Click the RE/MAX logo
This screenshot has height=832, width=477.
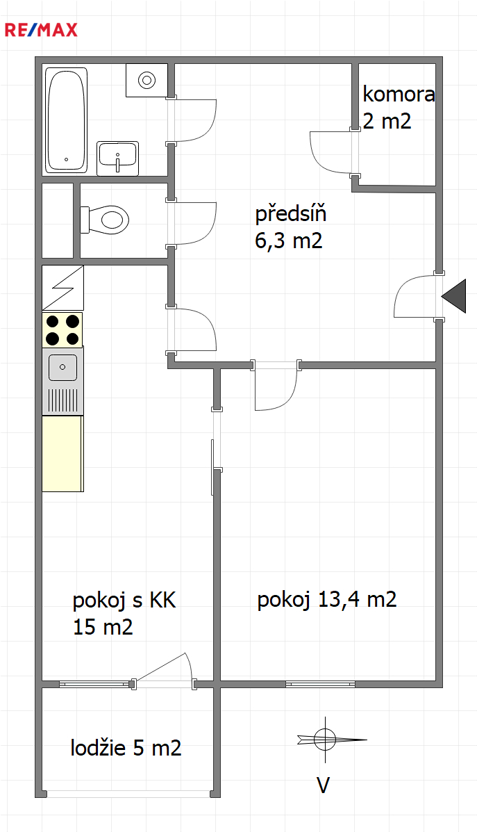41,30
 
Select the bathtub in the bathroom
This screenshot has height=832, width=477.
66,120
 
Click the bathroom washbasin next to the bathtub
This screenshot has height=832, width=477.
117,158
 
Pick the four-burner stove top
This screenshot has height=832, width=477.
62,329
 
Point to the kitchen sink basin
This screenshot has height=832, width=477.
62,367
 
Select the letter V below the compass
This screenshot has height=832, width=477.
324,785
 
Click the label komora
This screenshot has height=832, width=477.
399,95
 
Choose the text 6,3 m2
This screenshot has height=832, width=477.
288,240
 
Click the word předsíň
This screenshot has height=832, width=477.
290,214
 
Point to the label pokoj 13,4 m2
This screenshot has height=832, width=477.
327,600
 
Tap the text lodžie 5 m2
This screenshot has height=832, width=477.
126,748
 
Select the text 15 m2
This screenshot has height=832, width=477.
103,627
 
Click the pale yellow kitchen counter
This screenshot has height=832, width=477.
62,454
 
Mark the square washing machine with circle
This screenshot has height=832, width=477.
147,80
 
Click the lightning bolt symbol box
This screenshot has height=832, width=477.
62,288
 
